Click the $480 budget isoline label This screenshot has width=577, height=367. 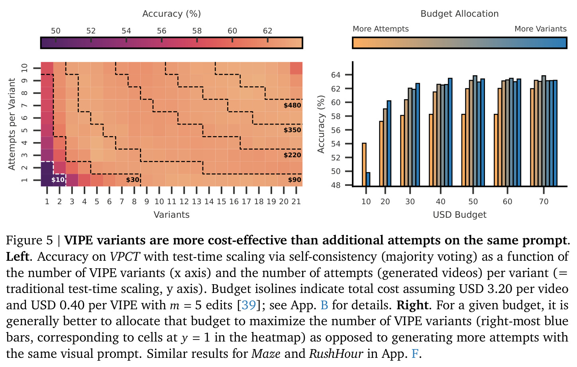click(x=292, y=105)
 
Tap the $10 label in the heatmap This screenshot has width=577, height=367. click(x=58, y=180)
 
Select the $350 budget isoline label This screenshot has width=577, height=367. click(x=292, y=130)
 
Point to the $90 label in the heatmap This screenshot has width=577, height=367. click(x=294, y=180)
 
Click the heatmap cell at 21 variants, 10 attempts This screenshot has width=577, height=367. click(x=296, y=68)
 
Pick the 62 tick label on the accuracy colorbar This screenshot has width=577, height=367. click(x=267, y=31)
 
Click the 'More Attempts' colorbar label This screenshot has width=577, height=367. click(x=381, y=29)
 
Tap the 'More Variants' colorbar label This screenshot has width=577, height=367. click(x=540, y=29)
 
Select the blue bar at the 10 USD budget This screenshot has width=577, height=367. click(x=368, y=179)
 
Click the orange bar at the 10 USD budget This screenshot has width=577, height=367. click(x=364, y=164)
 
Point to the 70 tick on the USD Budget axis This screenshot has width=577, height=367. click(x=544, y=201)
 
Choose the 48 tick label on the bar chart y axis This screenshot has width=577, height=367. click(x=336, y=185)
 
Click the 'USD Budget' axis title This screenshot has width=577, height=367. click(x=459, y=215)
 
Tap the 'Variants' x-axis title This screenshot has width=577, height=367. click(x=172, y=215)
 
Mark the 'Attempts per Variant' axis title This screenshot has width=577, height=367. click(x=12, y=124)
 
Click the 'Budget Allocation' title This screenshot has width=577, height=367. click(x=459, y=14)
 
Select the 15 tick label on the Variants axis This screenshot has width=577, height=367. click(x=221, y=201)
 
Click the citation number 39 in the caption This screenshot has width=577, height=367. click(x=249, y=305)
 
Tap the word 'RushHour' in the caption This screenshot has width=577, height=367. click(x=336, y=353)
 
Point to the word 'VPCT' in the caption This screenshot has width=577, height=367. click(x=125, y=257)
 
